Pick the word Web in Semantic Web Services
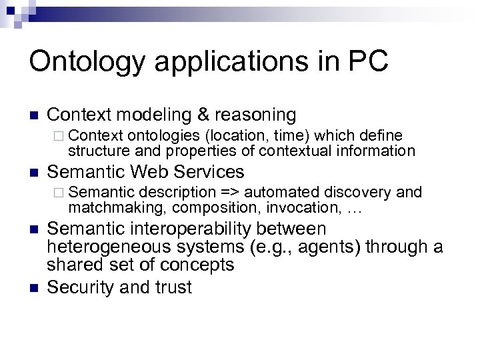point(155,172)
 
